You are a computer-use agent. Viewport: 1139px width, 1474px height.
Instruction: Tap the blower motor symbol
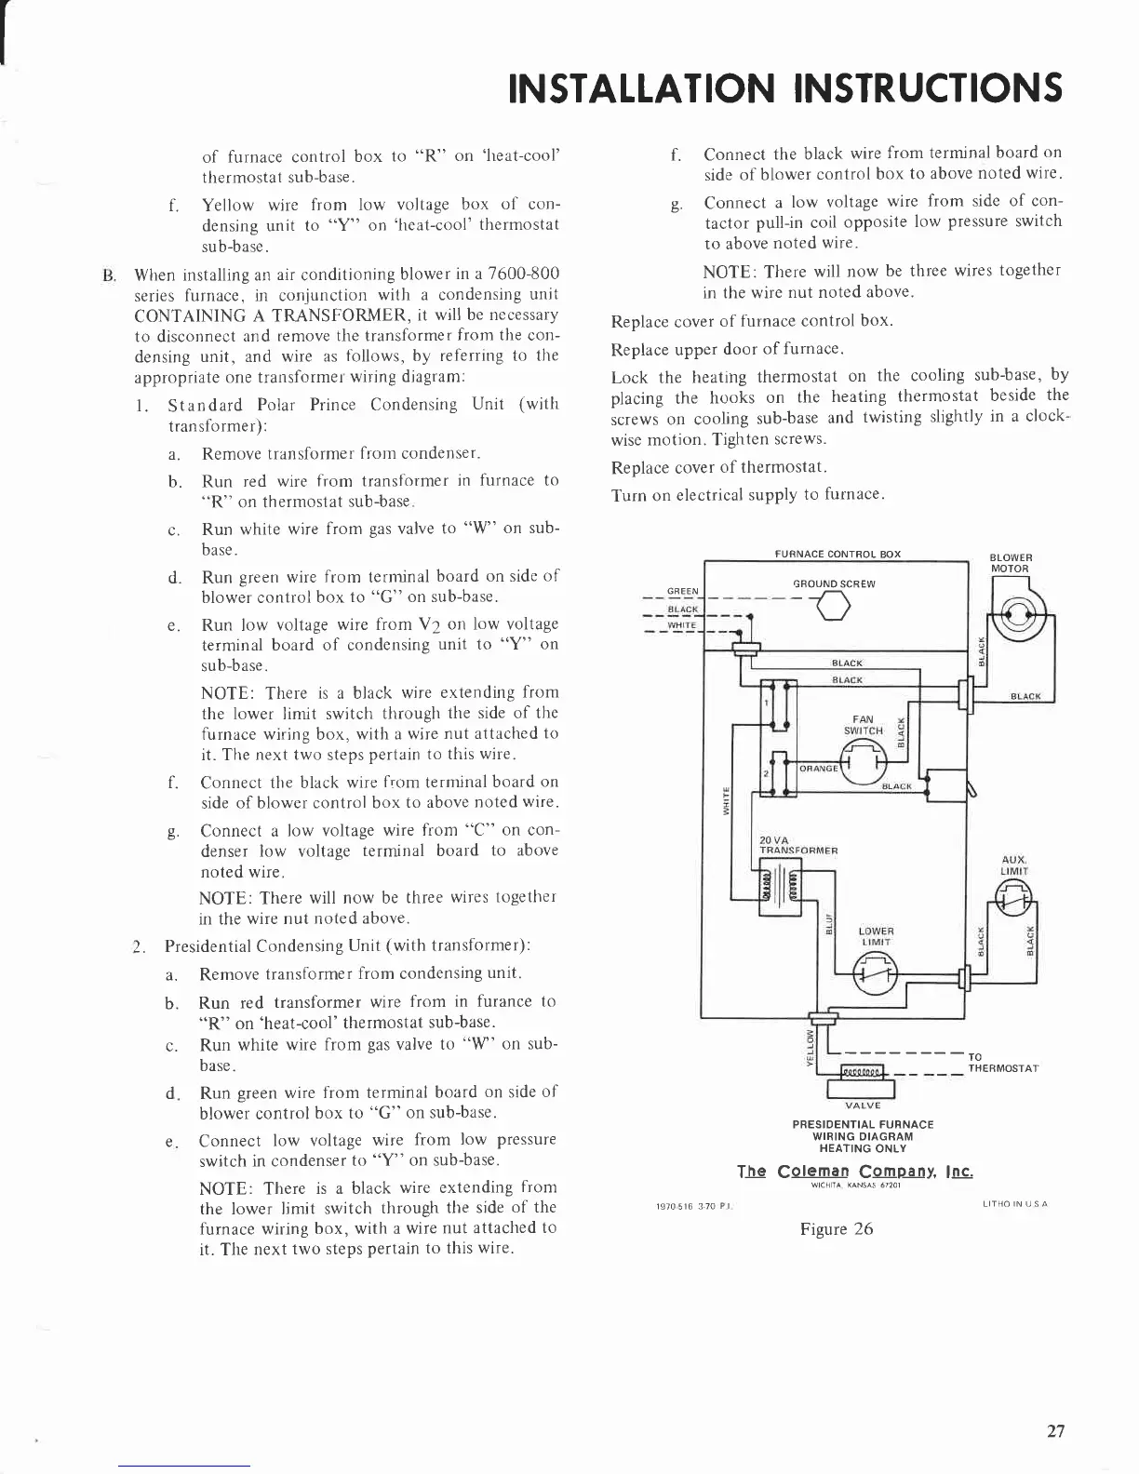point(1016,615)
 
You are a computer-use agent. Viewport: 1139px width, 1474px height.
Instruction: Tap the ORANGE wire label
point(819,769)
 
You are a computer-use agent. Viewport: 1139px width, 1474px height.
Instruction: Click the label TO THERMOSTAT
point(1003,1063)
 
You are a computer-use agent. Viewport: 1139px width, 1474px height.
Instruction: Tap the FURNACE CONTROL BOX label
point(837,555)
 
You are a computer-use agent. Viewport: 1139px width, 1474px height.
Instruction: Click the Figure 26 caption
point(837,1228)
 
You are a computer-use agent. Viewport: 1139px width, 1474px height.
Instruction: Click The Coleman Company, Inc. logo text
point(855,1171)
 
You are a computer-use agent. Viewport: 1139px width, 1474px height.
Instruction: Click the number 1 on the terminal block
point(766,703)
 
